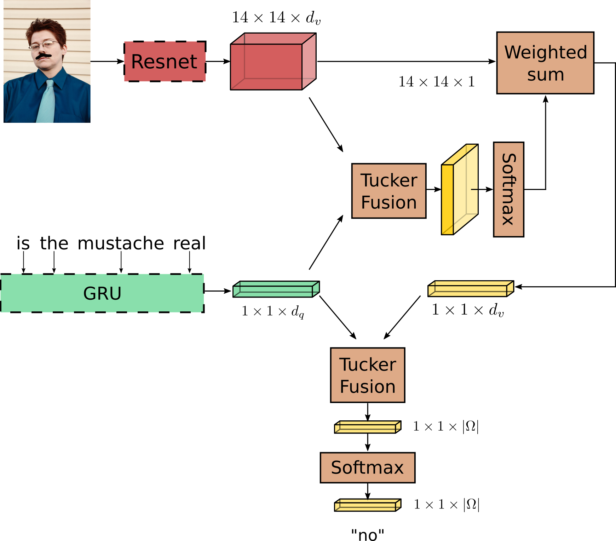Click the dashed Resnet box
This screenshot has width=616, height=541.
165,62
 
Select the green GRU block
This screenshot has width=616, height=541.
102,293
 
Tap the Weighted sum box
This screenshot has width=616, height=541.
545,63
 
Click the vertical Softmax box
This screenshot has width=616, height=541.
508,189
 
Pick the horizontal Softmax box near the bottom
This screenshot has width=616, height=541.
367,467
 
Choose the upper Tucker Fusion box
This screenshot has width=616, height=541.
388,191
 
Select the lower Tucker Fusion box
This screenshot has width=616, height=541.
367,375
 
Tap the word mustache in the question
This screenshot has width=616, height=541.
121,243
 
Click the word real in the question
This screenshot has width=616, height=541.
189,243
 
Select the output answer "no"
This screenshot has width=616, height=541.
367,535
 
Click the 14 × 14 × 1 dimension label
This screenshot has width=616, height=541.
436,82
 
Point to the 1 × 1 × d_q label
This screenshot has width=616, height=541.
272,311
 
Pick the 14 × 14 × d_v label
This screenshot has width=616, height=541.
276,18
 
